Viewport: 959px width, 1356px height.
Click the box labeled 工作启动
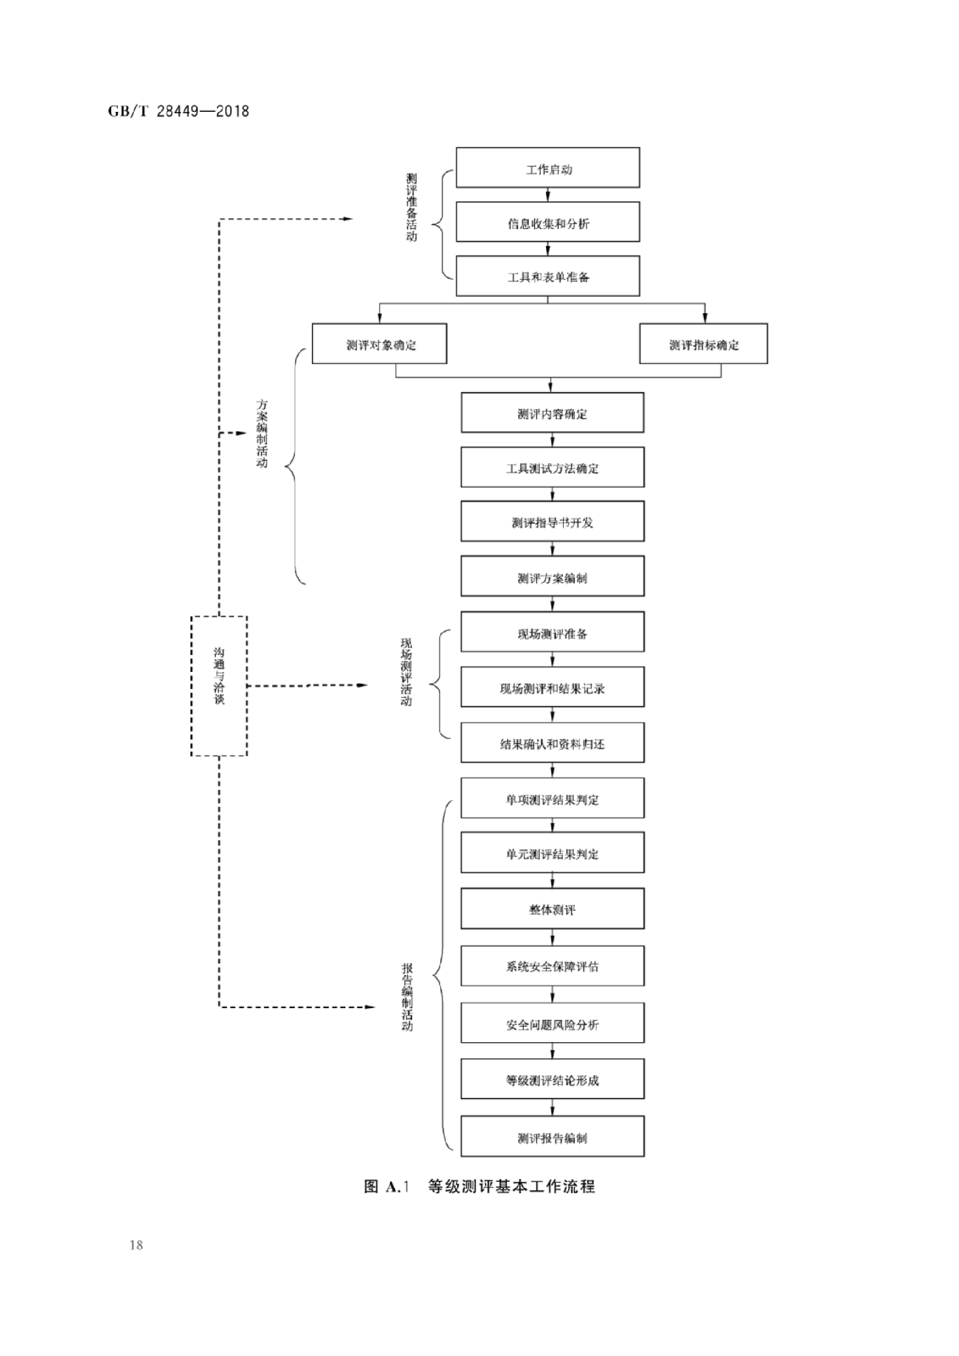point(547,168)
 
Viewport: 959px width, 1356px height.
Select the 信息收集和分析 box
point(547,222)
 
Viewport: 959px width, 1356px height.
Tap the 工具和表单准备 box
point(547,276)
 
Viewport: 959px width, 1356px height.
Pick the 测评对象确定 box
point(379,344)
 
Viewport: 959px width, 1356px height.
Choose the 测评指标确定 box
point(703,344)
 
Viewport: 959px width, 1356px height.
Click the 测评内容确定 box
point(552,413)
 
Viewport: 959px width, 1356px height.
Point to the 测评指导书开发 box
point(552,521)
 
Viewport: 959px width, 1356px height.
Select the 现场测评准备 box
point(552,633)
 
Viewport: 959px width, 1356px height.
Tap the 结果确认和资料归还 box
point(552,743)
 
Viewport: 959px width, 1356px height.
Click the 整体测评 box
point(552,909)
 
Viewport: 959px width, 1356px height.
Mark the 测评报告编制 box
point(552,1137)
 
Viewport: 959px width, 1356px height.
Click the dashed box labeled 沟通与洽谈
point(219,685)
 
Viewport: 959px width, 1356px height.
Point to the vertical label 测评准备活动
point(411,207)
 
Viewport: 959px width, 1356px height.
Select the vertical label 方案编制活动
point(262,433)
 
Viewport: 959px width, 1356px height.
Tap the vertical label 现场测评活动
point(406,672)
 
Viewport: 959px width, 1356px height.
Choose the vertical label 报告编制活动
point(407,997)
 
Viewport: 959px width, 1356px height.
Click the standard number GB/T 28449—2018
point(178,111)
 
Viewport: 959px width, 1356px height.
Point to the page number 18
point(136,1245)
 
